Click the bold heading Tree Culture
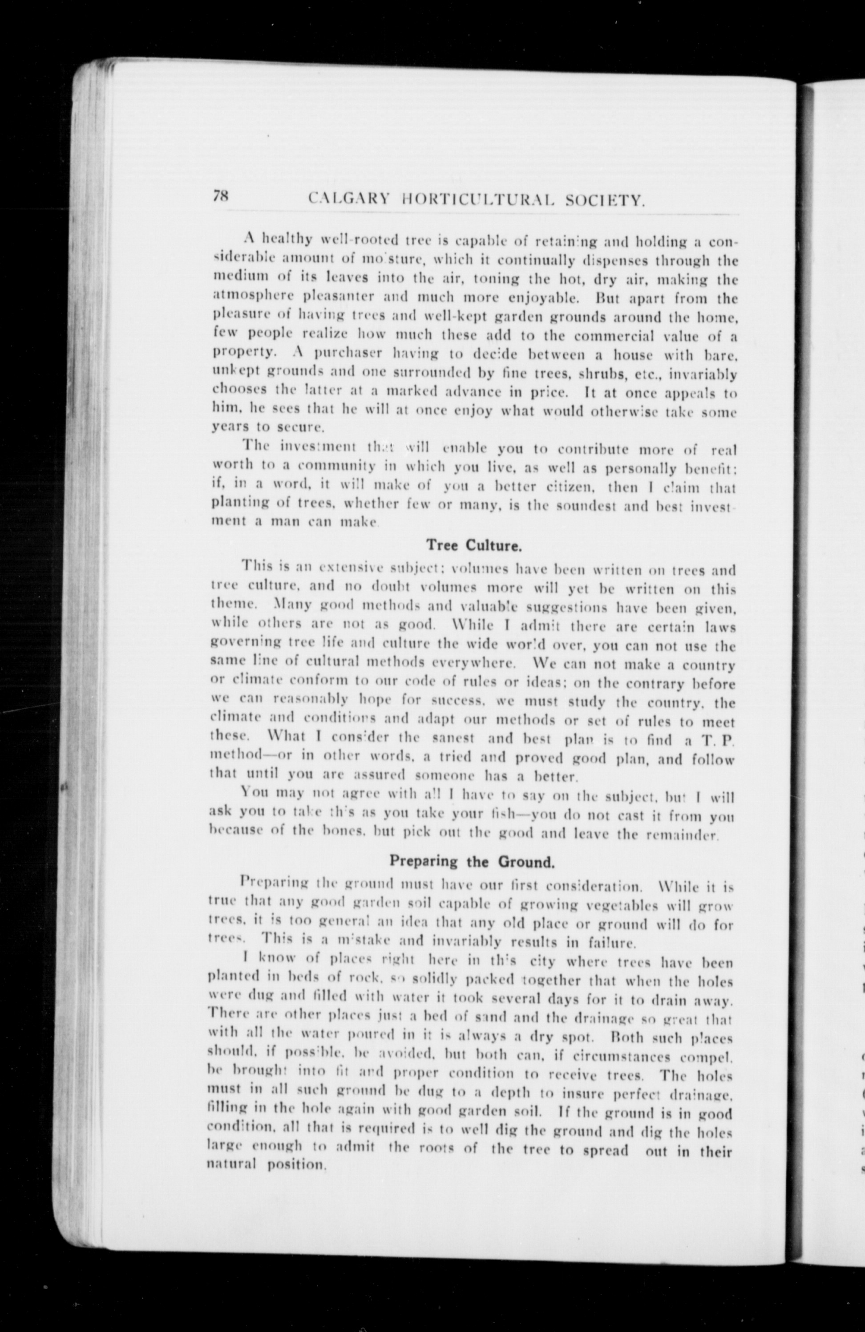(x=474, y=544)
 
